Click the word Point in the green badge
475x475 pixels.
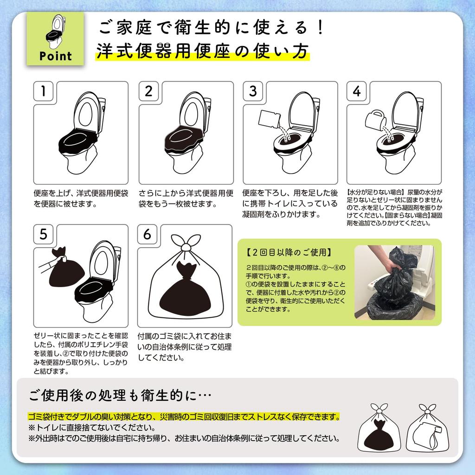point(56,56)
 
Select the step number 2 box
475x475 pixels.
point(148,91)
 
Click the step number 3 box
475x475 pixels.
point(253,91)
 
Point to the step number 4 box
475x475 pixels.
point(357,91)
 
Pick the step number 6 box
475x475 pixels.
point(148,234)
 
